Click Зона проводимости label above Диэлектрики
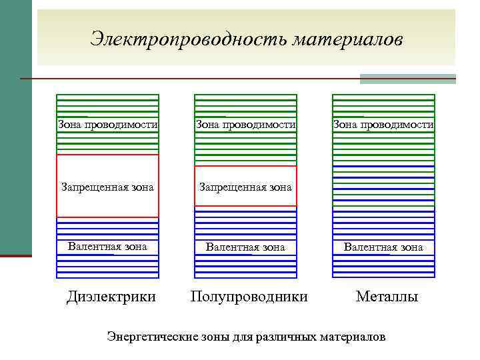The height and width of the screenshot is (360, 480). (108, 124)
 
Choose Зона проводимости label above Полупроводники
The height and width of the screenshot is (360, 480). (245, 124)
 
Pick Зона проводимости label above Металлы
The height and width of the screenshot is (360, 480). (383, 124)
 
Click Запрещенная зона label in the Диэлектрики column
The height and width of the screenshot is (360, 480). (107, 187)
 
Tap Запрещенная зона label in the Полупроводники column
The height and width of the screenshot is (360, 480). (245, 187)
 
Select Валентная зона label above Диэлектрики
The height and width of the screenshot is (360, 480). (107, 247)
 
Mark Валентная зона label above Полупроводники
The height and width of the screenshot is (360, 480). (245, 247)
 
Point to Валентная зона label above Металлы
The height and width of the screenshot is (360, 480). (383, 247)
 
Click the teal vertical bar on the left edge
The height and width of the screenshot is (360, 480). (15, 127)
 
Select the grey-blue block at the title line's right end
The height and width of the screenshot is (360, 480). (408, 79)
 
